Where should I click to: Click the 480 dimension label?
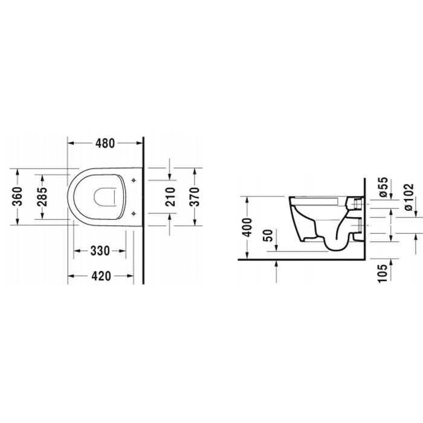(105, 143)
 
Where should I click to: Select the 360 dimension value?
(18, 196)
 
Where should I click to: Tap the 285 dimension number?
(42, 196)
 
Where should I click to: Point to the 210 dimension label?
(170, 196)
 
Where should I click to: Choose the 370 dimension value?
(194, 196)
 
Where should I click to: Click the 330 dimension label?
(100, 251)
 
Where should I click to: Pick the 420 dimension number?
(101, 276)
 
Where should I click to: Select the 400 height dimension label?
(247, 227)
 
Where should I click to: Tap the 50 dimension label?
(268, 236)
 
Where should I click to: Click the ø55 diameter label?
(383, 187)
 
